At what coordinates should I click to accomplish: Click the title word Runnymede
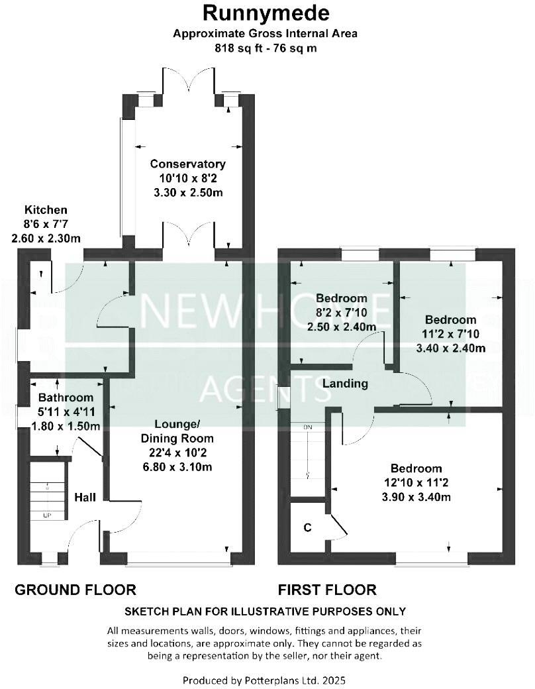(267, 13)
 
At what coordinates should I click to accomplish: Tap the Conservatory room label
(187, 164)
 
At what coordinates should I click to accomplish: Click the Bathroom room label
(65, 398)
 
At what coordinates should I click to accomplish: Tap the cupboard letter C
(307, 527)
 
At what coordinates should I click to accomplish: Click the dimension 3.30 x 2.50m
(187, 193)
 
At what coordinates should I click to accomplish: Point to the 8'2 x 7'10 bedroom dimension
(341, 312)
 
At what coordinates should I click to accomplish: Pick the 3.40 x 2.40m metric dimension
(450, 348)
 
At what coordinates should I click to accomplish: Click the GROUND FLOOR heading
(75, 590)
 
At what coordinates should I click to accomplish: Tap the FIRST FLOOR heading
(327, 590)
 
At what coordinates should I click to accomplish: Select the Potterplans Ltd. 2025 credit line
(264, 680)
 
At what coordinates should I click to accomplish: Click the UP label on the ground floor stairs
(46, 515)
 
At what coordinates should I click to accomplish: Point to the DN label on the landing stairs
(307, 427)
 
